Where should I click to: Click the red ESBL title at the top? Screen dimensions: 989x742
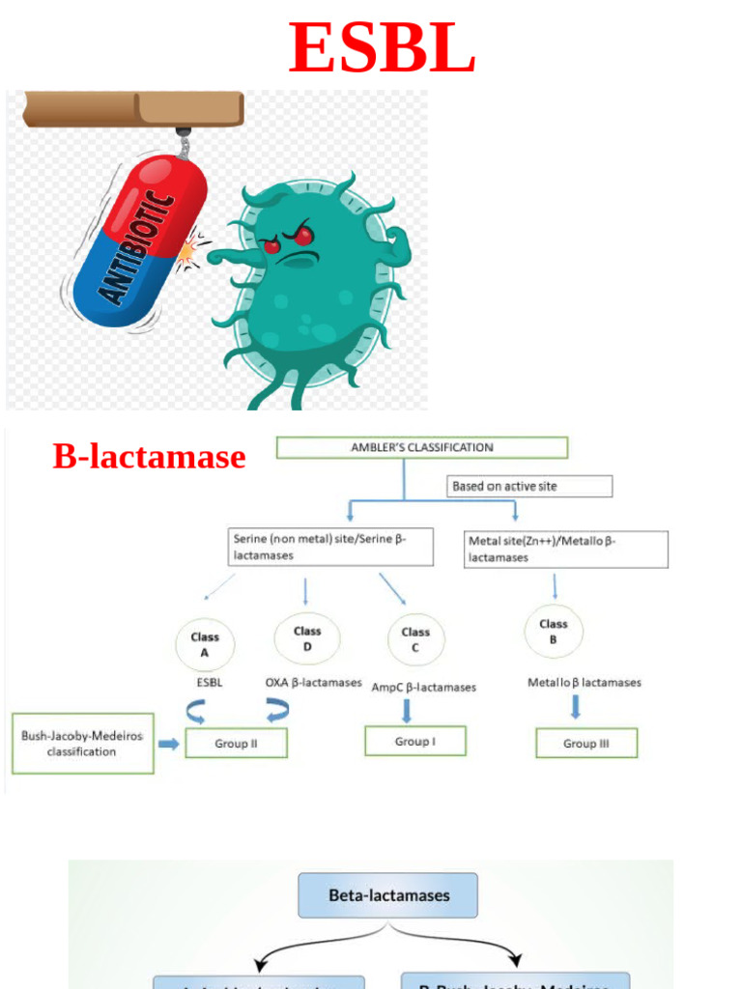pyautogui.click(x=382, y=48)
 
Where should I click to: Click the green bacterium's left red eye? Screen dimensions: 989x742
pyautogui.click(x=271, y=247)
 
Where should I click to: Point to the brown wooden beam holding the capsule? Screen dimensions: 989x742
pyautogui.click(x=134, y=108)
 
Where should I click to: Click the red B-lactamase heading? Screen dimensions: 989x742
pyautogui.click(x=149, y=456)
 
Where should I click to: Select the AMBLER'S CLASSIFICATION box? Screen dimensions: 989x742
pyautogui.click(x=421, y=448)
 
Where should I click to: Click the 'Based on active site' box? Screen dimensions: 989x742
pyautogui.click(x=529, y=486)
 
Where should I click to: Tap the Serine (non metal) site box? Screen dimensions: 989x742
pyautogui.click(x=330, y=548)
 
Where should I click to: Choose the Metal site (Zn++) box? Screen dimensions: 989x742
pyautogui.click(x=565, y=549)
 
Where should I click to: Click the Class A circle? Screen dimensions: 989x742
pyautogui.click(x=205, y=644)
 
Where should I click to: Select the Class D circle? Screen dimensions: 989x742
pyautogui.click(x=307, y=638)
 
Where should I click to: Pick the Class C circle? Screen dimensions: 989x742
pyautogui.click(x=415, y=639)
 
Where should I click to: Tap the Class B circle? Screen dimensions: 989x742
pyautogui.click(x=554, y=631)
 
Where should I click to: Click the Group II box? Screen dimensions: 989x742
pyautogui.click(x=236, y=744)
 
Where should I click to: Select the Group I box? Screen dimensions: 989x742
pyautogui.click(x=414, y=741)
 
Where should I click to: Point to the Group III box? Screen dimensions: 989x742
pyautogui.click(x=586, y=744)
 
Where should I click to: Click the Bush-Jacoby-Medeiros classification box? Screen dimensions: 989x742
pyautogui.click(x=82, y=744)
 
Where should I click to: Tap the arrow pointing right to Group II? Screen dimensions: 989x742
pyautogui.click(x=169, y=744)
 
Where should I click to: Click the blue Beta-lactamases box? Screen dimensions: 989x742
pyautogui.click(x=388, y=895)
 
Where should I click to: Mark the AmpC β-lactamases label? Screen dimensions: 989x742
pyautogui.click(x=423, y=688)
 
